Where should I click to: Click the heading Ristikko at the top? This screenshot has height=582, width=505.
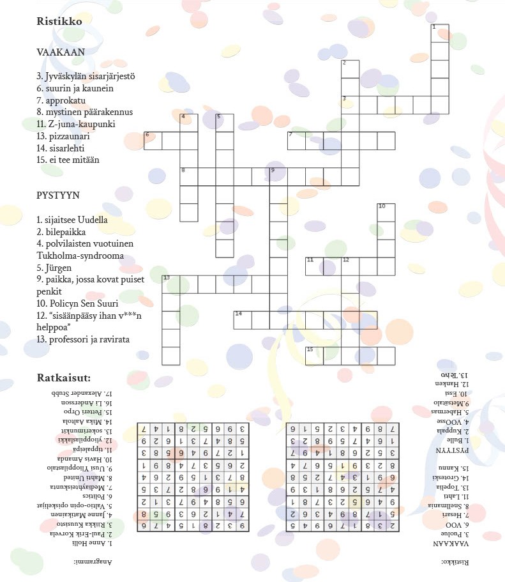coord(59,21)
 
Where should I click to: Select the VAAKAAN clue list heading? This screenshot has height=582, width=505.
coord(61,52)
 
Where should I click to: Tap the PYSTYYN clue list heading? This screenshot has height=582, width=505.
coord(58,195)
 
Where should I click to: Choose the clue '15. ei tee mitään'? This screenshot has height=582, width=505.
coord(68,160)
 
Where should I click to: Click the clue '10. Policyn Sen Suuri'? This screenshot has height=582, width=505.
coord(77,303)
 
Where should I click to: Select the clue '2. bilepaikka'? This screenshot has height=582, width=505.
coord(61,232)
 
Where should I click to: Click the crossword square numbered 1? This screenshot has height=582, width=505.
coord(439,33)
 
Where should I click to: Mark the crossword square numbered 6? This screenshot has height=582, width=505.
coord(153,141)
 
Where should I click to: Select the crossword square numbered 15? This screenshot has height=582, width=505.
coord(314,355)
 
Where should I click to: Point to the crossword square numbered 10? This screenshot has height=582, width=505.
coord(386,212)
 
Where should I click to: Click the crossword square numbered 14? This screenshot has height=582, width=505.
coord(243,319)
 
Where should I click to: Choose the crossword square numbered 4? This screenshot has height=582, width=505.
coord(188,122)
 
